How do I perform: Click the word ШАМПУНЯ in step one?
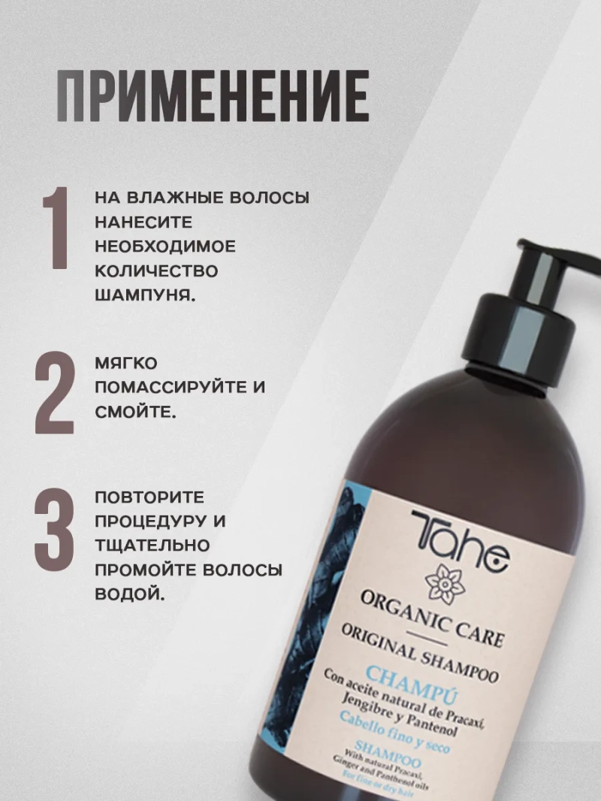coord(146,294)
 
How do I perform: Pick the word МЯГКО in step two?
coord(126,364)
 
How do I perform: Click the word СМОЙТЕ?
coord(135,413)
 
